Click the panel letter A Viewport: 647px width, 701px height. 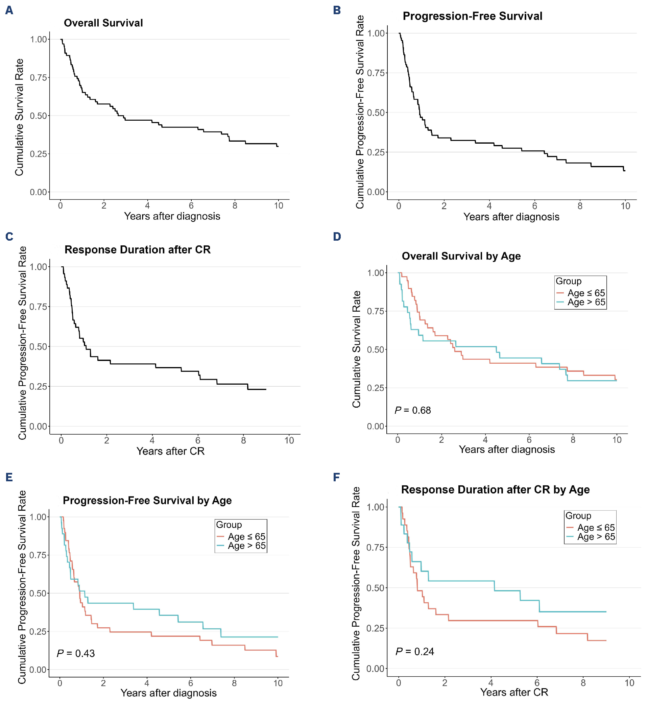[x=9, y=10]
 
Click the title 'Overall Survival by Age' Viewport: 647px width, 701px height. [x=461, y=256]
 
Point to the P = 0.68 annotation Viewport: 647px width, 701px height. [x=412, y=410]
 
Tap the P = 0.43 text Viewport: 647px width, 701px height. [x=76, y=653]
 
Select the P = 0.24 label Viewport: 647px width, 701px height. [x=414, y=651]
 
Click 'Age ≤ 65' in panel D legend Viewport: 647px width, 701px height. [x=586, y=293]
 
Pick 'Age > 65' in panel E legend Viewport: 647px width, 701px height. [x=246, y=546]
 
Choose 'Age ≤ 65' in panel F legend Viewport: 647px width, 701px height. [x=596, y=527]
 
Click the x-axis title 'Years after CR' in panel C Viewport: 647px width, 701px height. [x=170, y=451]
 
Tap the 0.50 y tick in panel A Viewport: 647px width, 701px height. [x=39, y=116]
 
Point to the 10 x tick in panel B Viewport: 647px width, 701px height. [x=625, y=206]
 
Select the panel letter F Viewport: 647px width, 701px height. [x=336, y=477]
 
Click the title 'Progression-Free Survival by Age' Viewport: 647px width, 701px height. [x=147, y=501]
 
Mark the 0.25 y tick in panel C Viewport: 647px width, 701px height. [x=38, y=386]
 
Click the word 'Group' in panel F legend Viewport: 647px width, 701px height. [x=578, y=516]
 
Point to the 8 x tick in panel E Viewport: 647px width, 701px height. [x=234, y=683]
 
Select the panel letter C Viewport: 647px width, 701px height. [x=9, y=237]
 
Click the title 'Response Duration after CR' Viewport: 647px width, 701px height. [x=137, y=250]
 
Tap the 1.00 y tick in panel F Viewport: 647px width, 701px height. [x=375, y=507]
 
